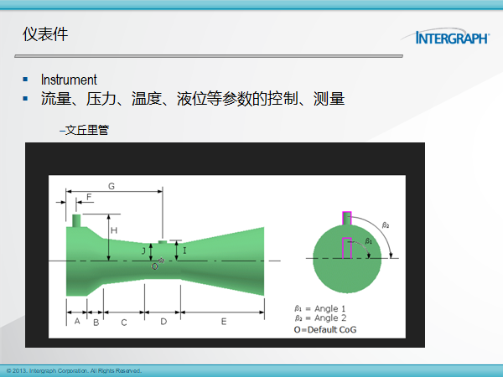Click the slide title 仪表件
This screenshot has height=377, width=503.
click(x=45, y=34)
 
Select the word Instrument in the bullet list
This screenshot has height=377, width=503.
click(x=69, y=80)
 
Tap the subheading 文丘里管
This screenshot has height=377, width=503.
click(x=85, y=130)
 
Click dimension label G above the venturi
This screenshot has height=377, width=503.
click(x=111, y=186)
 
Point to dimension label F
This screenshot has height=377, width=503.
click(x=89, y=197)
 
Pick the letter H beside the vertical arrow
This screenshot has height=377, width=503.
click(x=114, y=230)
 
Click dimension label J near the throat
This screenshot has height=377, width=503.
click(x=143, y=251)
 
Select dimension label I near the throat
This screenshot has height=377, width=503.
click(x=184, y=250)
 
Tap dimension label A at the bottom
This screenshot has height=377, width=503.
click(x=77, y=321)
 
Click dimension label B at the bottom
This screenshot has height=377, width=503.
click(x=96, y=323)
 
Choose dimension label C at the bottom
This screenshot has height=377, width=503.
click(x=124, y=323)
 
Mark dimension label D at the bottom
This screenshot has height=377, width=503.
click(x=163, y=321)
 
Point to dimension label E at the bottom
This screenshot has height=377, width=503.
click(x=224, y=321)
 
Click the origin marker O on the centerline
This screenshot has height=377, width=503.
click(x=154, y=266)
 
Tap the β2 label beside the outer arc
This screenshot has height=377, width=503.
click(x=386, y=225)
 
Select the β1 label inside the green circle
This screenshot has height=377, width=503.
click(x=369, y=240)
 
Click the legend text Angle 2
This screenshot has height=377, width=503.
click(x=330, y=318)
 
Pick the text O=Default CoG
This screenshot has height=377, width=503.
click(x=325, y=329)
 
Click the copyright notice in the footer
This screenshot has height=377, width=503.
click(x=74, y=371)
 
